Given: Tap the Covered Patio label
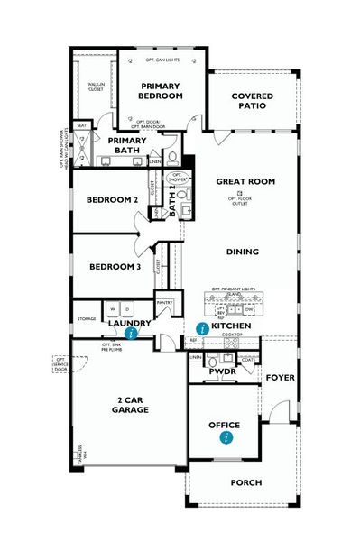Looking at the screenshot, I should (x=252, y=100).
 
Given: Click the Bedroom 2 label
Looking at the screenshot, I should (x=112, y=199).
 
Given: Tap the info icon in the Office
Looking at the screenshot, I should (x=226, y=437).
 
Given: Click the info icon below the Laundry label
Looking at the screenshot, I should (x=133, y=333).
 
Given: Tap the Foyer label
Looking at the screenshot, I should (x=281, y=379).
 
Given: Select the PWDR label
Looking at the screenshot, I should (x=222, y=371).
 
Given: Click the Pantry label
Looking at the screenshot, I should (x=164, y=304).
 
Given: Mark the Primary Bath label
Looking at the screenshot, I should (x=128, y=146).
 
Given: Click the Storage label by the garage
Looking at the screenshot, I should (x=87, y=318).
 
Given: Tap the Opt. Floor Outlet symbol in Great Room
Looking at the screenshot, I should (x=240, y=194).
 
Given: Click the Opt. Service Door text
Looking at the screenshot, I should (x=60, y=364).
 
